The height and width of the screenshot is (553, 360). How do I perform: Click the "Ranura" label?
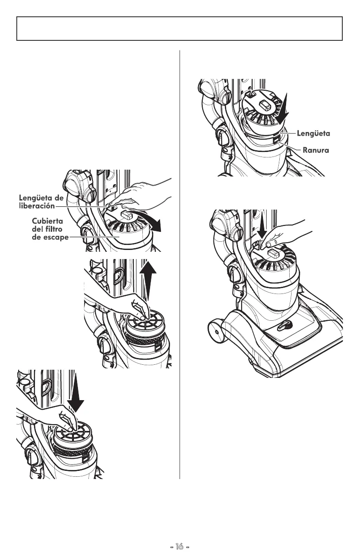[x=316, y=150]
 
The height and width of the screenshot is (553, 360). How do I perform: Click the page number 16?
[x=180, y=546]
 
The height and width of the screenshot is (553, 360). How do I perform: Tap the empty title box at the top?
[x=180, y=29]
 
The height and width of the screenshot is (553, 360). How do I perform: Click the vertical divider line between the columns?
[x=180, y=263]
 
